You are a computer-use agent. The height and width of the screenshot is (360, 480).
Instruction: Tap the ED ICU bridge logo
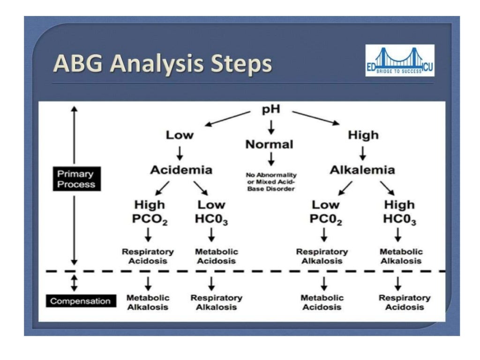(x=399, y=61)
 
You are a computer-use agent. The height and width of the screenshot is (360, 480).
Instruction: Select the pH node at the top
(x=270, y=112)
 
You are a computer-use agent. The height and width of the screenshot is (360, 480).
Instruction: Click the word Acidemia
(x=181, y=170)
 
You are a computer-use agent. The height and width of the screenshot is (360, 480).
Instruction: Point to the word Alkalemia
(x=362, y=170)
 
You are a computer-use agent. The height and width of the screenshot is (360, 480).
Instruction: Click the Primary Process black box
(x=75, y=179)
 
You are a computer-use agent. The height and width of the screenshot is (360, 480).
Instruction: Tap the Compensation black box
(x=81, y=301)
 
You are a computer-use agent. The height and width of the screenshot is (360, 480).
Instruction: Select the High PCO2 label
(x=150, y=212)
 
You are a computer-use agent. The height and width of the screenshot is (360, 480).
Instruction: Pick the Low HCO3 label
(x=212, y=212)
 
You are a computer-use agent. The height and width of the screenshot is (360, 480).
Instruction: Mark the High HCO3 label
(x=399, y=212)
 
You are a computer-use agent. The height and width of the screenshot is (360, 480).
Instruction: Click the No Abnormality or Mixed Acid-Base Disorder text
(x=271, y=182)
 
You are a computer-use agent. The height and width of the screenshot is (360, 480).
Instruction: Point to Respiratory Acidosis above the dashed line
(x=148, y=256)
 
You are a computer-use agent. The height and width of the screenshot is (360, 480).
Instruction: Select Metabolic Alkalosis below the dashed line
(x=148, y=302)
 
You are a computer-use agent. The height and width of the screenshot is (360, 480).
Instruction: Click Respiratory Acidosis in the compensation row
(x=404, y=302)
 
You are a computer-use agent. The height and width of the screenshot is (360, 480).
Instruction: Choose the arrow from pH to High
(x=315, y=118)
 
